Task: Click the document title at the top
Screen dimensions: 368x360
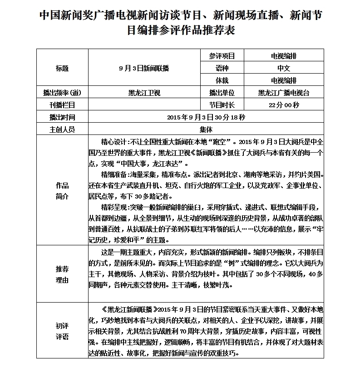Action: tap(180, 22)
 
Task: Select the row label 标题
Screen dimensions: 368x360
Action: tap(62, 68)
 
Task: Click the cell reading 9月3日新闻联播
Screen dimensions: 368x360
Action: tap(144, 68)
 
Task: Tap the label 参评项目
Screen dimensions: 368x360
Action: tap(222, 56)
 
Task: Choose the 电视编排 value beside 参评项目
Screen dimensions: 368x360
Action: tap(284, 56)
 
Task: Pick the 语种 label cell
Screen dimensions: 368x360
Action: tap(222, 68)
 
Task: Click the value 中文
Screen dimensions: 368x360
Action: tap(284, 68)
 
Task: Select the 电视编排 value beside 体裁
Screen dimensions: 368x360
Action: tap(284, 80)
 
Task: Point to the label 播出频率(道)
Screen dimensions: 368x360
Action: tap(62, 93)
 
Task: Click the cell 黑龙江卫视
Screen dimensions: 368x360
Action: tap(144, 93)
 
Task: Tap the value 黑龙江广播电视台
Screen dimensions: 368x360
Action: tap(284, 93)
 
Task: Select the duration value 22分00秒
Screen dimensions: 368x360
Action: tap(284, 105)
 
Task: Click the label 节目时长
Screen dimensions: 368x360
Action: tap(222, 105)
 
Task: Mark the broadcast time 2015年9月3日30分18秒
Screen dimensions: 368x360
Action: tap(206, 117)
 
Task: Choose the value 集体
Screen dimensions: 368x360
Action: tap(206, 129)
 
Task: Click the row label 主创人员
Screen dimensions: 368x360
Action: tap(62, 129)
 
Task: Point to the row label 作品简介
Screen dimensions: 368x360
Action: tap(62, 191)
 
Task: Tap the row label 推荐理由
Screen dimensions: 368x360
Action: tap(62, 274)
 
